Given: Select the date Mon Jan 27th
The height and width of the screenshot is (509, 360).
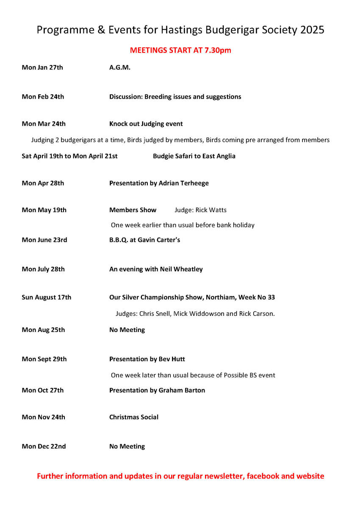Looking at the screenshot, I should pyautogui.click(x=42, y=67).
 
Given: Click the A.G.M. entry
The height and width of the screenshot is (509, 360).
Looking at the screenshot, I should pyautogui.click(x=120, y=67).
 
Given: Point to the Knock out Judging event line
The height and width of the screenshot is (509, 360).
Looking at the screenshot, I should pyautogui.click(x=146, y=124).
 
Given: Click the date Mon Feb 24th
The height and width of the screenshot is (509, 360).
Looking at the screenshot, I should pyautogui.click(x=43, y=97).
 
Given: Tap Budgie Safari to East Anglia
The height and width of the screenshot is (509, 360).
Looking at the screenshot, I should pyautogui.click(x=194, y=156).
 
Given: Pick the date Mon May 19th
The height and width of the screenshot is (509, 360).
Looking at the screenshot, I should pyautogui.click(x=44, y=210).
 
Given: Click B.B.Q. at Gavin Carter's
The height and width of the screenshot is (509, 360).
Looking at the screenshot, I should pyautogui.click(x=144, y=240).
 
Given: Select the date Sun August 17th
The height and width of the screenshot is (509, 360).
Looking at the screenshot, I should pyautogui.click(x=47, y=297).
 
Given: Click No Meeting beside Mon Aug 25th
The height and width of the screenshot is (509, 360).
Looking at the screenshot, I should pyautogui.click(x=127, y=329).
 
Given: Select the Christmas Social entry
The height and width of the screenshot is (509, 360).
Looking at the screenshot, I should pyautogui.click(x=134, y=417).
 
